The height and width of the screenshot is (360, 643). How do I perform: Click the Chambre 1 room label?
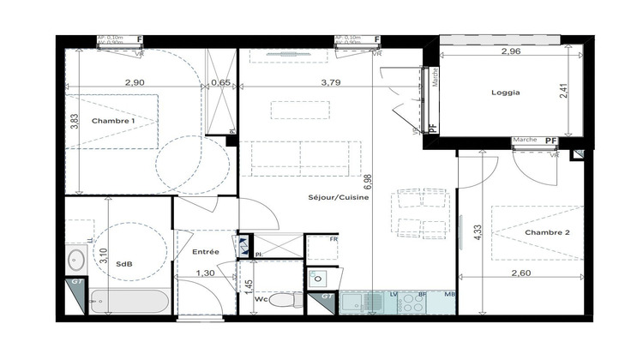tap(114, 121)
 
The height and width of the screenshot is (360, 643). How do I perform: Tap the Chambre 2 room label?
tap(548, 232)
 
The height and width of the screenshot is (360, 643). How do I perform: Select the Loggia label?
tap(506, 92)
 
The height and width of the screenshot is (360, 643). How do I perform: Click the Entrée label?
tap(205, 251)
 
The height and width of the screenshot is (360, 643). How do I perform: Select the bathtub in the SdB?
tap(129, 303)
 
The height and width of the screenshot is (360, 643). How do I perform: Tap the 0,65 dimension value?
tap(220, 83)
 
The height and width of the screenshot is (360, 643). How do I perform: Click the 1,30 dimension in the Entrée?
tap(206, 273)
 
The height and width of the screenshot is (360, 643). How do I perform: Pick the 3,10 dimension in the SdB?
tap(102, 256)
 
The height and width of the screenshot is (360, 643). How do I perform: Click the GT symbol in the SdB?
tap(76, 282)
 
